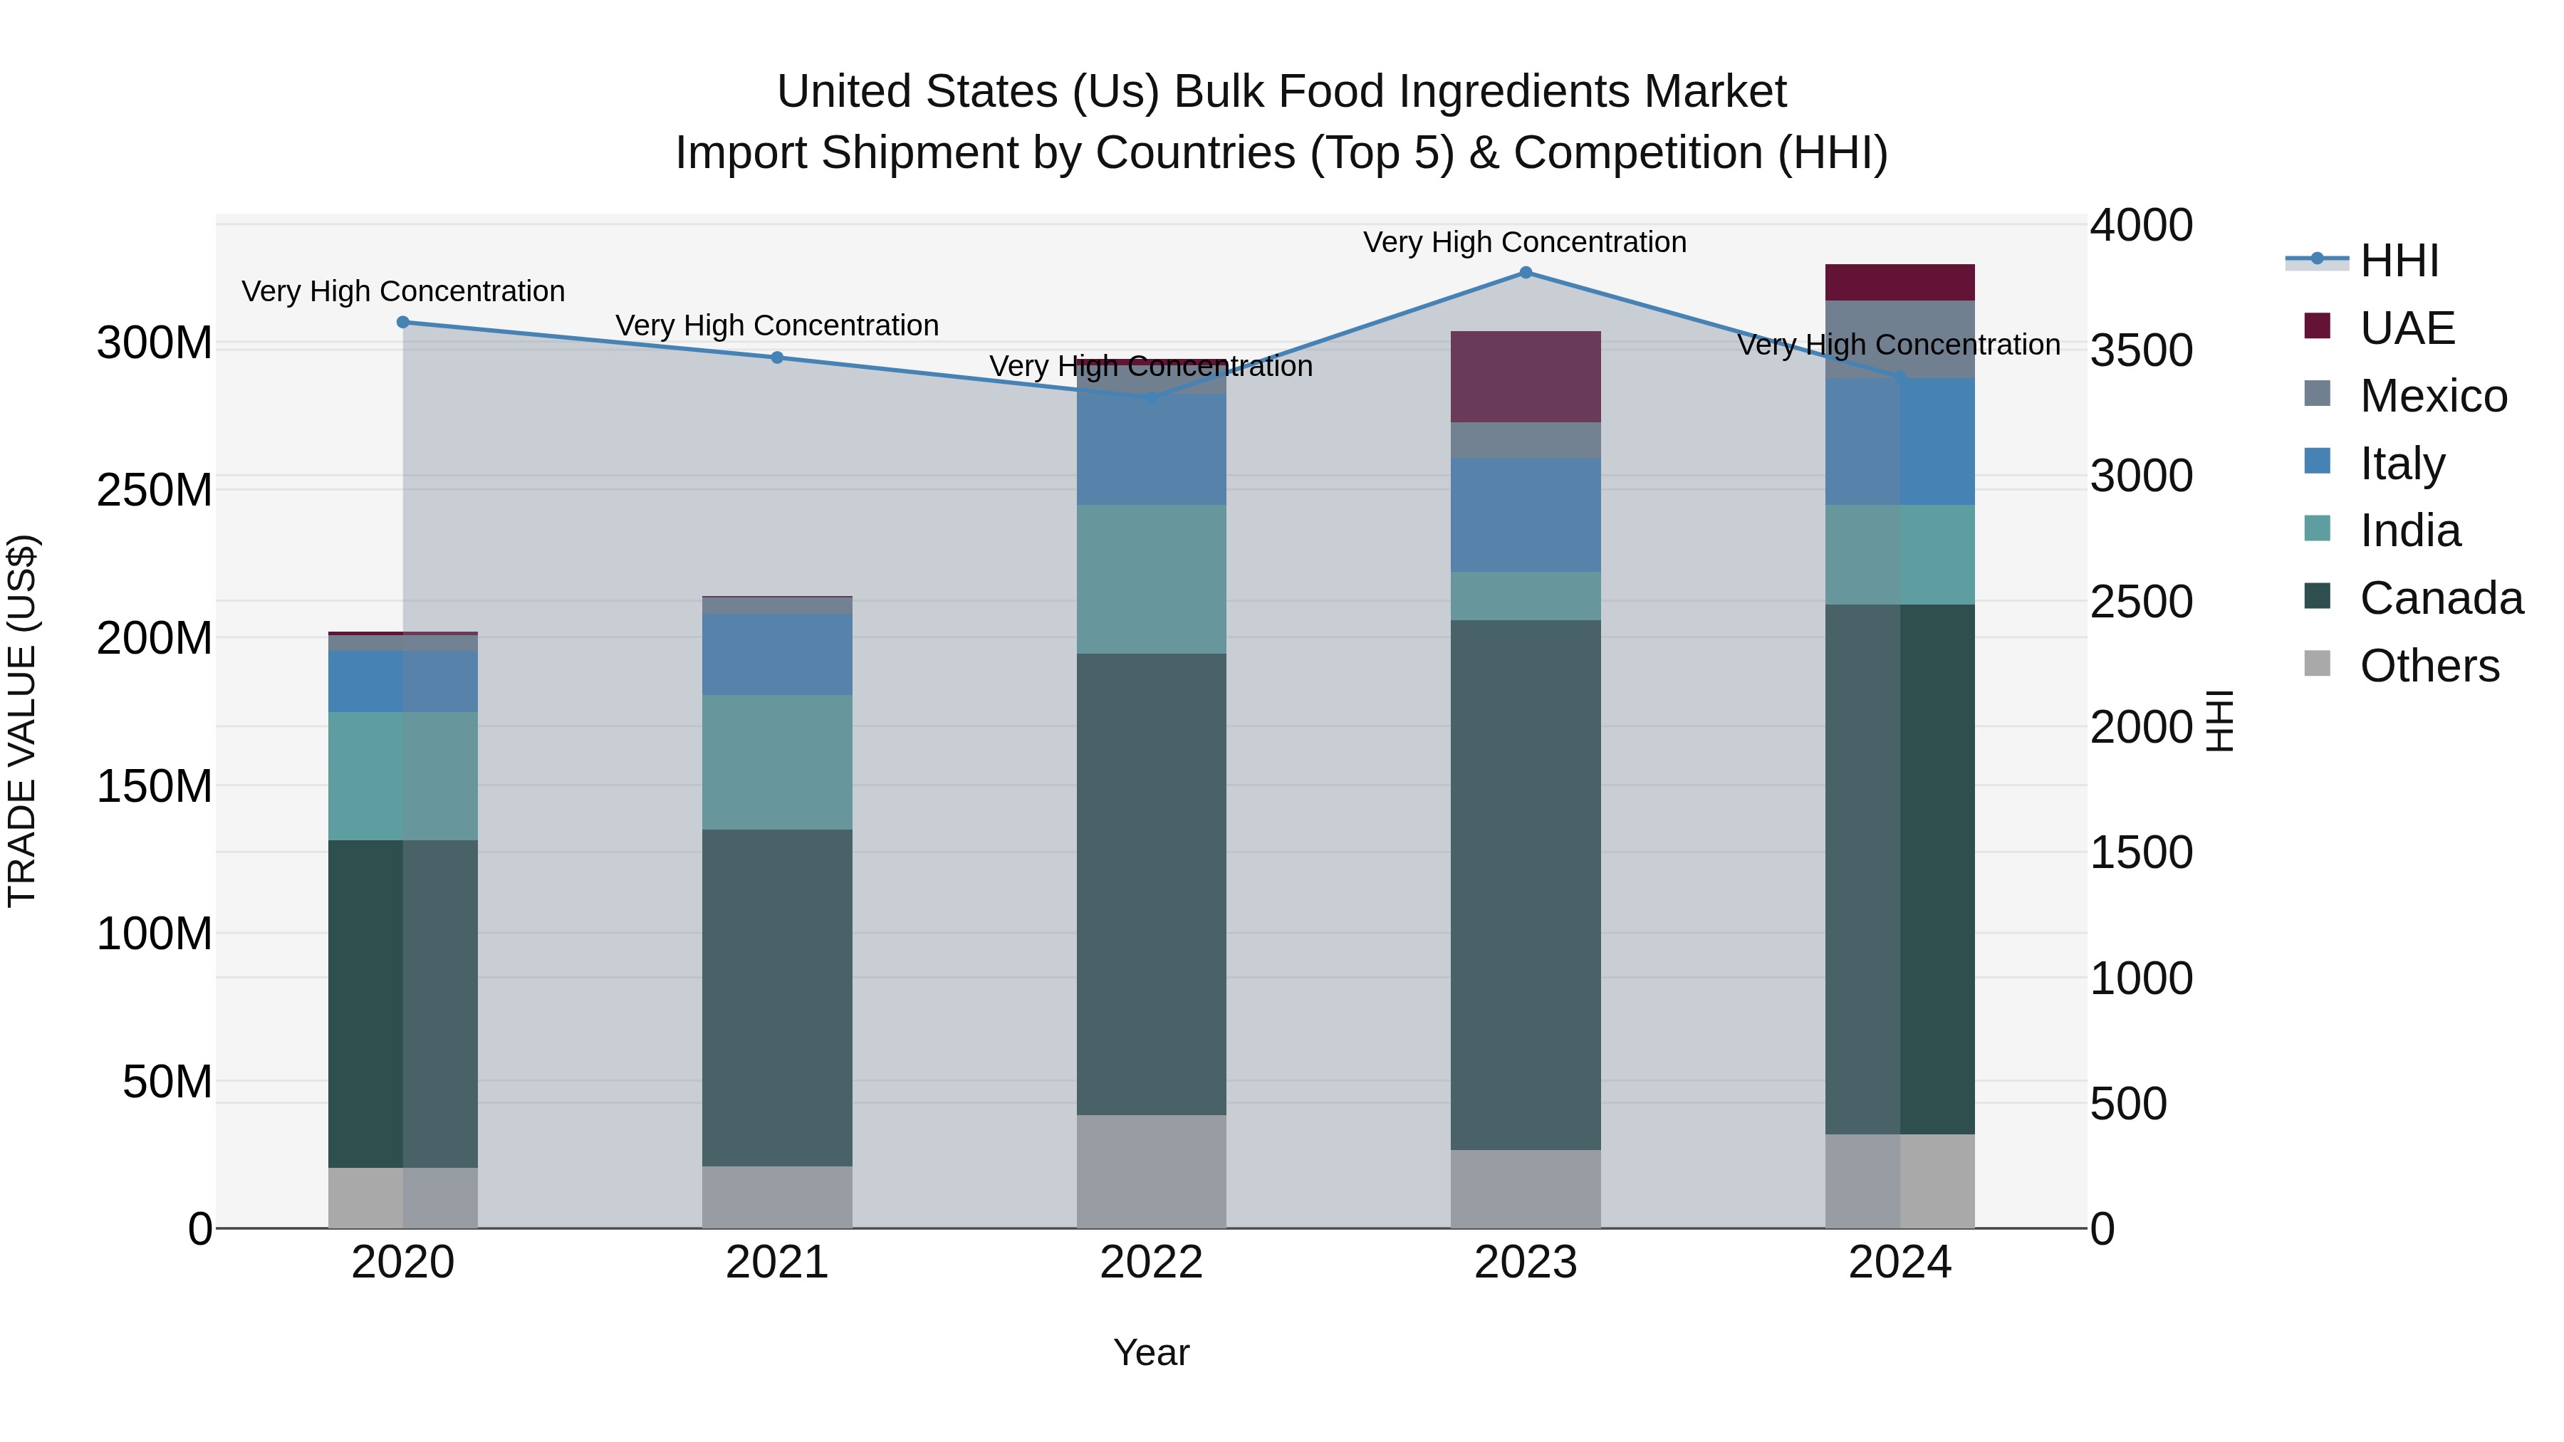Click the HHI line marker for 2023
tap(1525, 273)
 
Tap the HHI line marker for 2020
tap(403, 323)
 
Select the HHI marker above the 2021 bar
tap(777, 357)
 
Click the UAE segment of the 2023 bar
tap(1525, 376)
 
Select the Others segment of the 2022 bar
tap(1151, 1171)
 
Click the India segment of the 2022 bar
tap(1151, 578)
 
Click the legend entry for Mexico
tap(2433, 396)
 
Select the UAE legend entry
tap(2407, 328)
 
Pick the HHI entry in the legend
tap(2399, 261)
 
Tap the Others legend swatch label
tap(2429, 666)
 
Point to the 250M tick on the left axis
tap(155, 491)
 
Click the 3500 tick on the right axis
tap(2140, 350)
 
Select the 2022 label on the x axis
tap(1151, 1263)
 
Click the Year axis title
tap(1151, 1352)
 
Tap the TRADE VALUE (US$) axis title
tap(22, 721)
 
